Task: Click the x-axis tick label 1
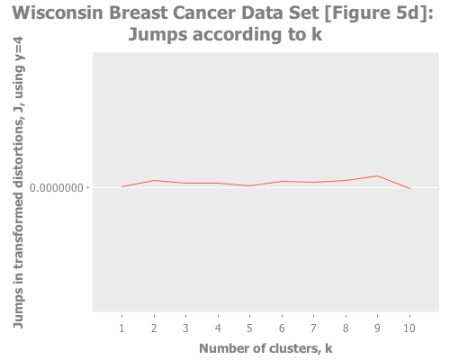(x=121, y=328)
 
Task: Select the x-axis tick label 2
(x=154, y=328)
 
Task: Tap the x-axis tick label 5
(x=249, y=328)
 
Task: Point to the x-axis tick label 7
(x=313, y=328)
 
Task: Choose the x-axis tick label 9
(x=377, y=328)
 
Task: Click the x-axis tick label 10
(x=409, y=328)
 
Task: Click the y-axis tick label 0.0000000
(x=59, y=188)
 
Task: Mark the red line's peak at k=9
(x=377, y=175)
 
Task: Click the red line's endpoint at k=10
(x=409, y=188)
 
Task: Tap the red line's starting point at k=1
(x=121, y=186)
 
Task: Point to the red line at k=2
(x=154, y=180)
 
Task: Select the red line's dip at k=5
(x=249, y=185)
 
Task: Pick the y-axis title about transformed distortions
(x=18, y=189)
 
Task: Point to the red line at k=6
(x=282, y=181)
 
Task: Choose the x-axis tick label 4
(x=218, y=328)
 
